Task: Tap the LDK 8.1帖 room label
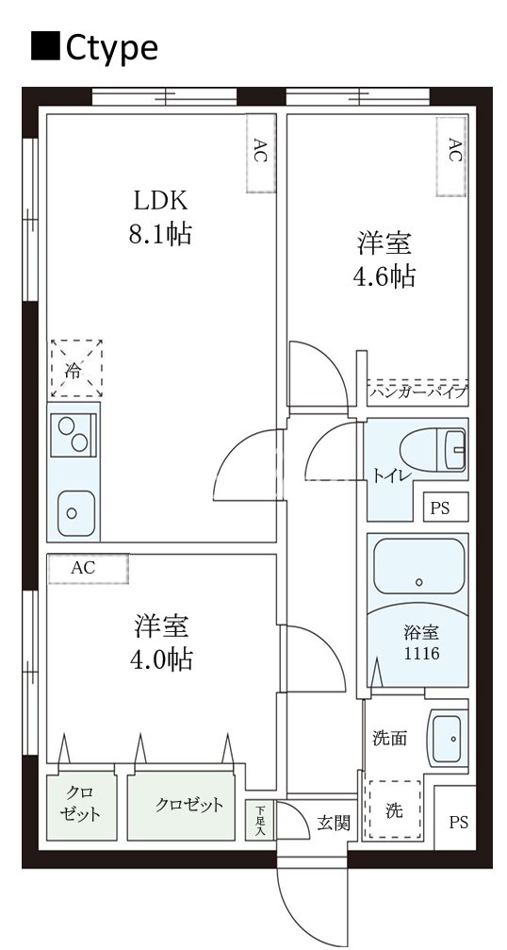(160, 217)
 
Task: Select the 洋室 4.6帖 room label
(384, 259)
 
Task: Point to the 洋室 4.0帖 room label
(161, 642)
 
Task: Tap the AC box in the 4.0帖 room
(87, 569)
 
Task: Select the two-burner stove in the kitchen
(74, 434)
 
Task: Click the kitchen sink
(73, 513)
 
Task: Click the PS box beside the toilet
(440, 508)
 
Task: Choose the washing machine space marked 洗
(393, 809)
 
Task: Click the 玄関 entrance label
(334, 823)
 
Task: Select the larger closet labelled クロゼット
(188, 806)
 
